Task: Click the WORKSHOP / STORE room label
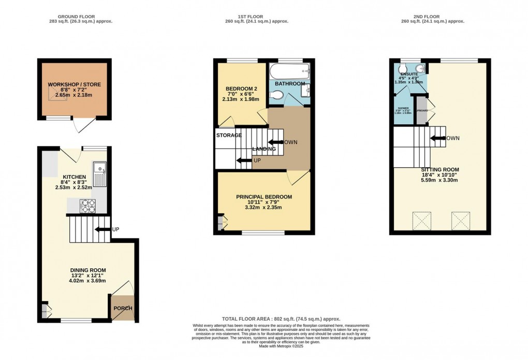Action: (75, 84)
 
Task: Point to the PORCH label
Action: (123, 309)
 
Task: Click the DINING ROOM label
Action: (88, 270)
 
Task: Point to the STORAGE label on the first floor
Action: (229, 135)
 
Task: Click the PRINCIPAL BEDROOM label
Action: (263, 197)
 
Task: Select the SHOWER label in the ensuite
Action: (402, 108)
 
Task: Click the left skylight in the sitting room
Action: (422, 221)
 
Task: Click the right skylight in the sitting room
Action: (461, 221)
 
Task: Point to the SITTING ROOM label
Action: (439, 169)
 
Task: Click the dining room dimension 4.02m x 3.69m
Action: (88, 281)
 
